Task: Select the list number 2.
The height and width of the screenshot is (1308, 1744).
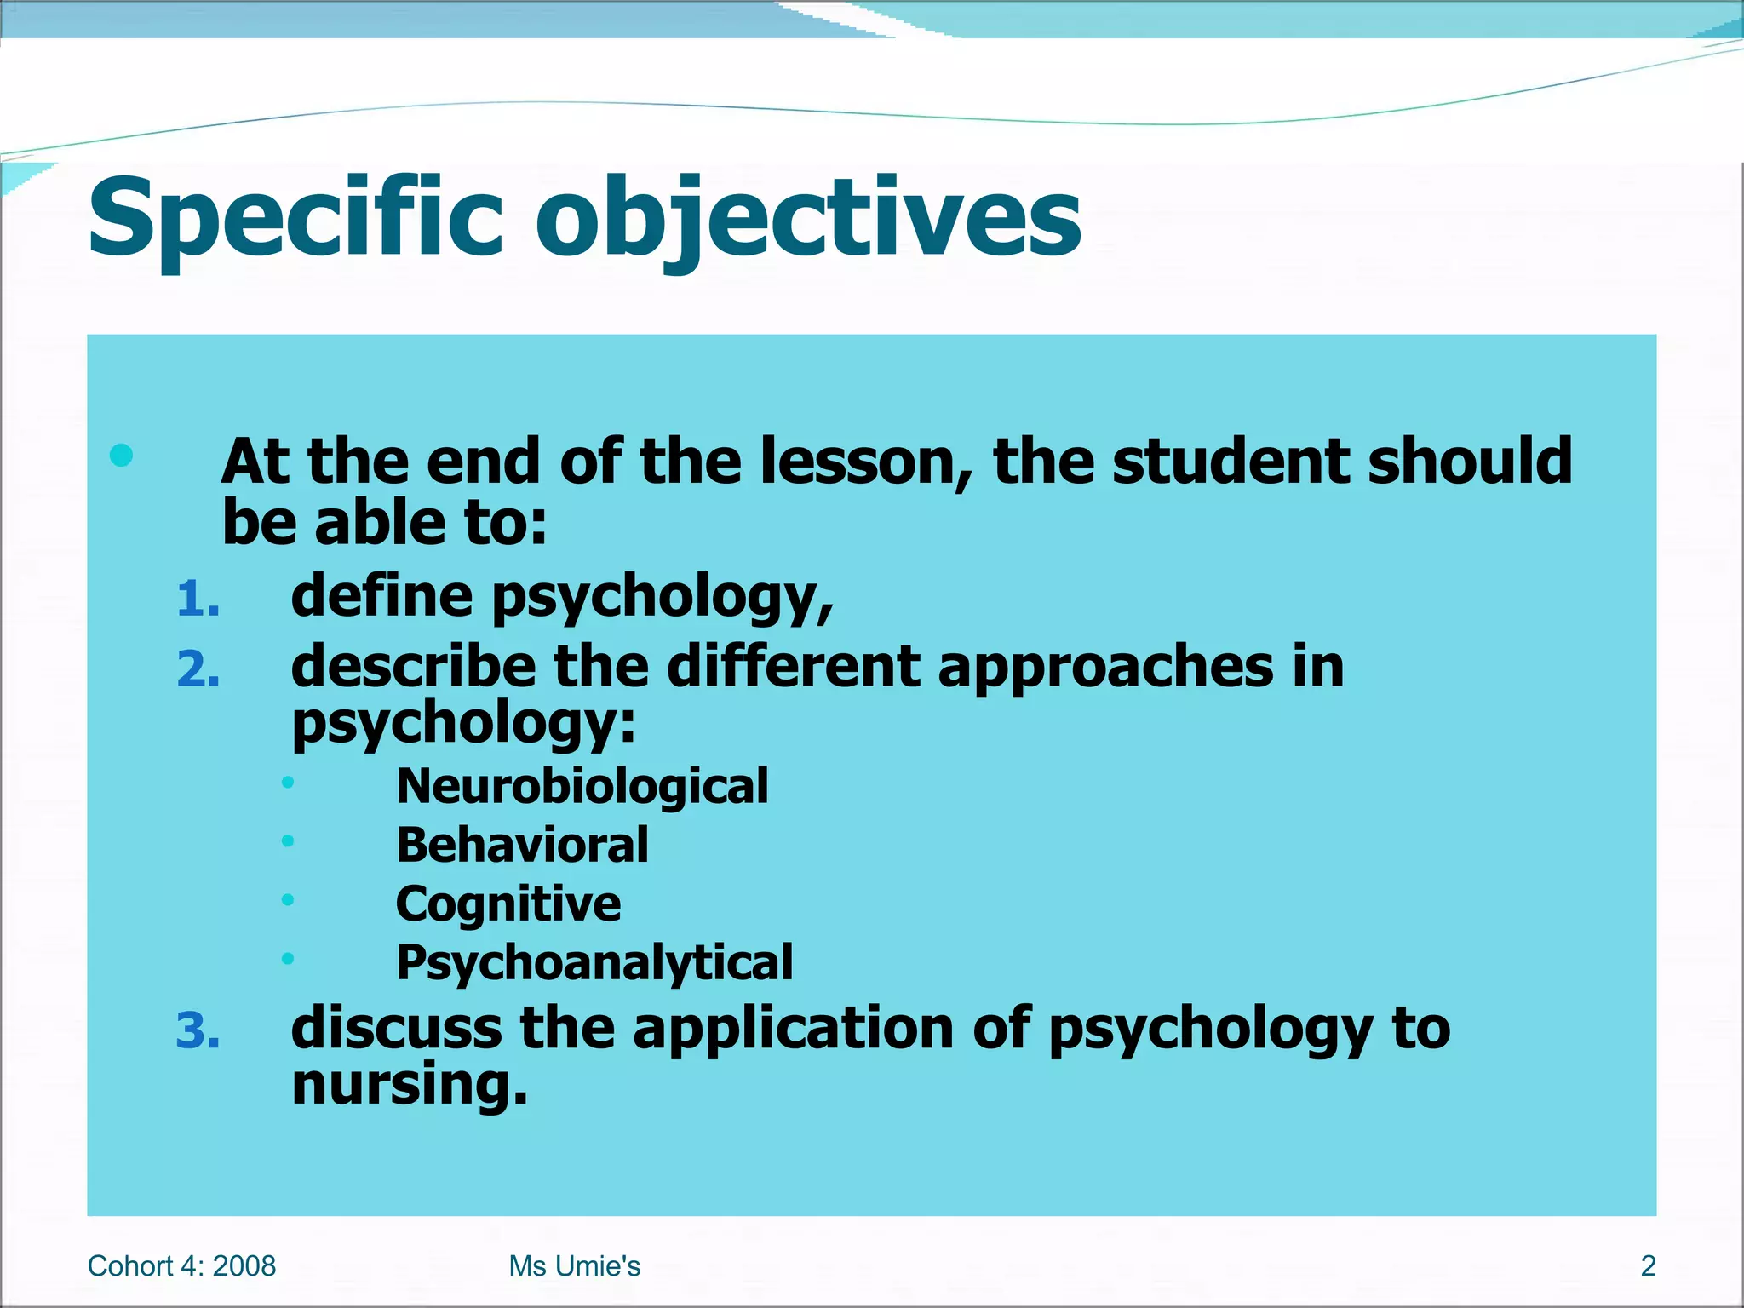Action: (198, 669)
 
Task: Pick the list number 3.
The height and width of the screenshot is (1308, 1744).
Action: (198, 1030)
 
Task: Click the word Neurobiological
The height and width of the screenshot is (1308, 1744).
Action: (582, 785)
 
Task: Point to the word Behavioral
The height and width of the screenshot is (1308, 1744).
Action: (522, 845)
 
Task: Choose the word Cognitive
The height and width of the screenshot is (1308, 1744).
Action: (508, 904)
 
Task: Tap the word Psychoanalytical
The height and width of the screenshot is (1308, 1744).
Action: (594, 962)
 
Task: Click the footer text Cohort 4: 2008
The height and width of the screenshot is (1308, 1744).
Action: (181, 1266)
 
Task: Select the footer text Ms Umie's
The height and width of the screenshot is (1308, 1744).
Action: (575, 1266)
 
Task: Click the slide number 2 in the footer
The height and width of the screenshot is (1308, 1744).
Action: (1648, 1266)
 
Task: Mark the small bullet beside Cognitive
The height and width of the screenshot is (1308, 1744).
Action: (288, 899)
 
